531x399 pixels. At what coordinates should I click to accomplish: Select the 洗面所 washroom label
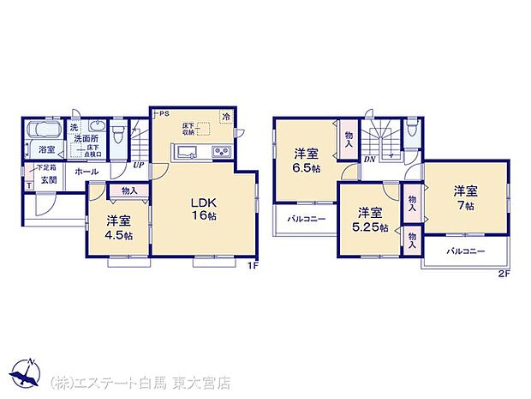pyautogui.click(x=85, y=138)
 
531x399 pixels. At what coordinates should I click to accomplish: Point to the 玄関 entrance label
pyautogui.click(x=47, y=180)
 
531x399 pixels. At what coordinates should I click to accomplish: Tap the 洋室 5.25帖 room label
pyautogui.click(x=369, y=220)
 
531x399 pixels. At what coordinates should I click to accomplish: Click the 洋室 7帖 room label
pyautogui.click(x=465, y=197)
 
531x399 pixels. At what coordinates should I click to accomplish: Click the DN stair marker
pyautogui.click(x=369, y=159)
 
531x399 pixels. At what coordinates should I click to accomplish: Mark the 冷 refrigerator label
pyautogui.click(x=226, y=116)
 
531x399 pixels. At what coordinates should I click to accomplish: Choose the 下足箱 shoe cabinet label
pyautogui.click(x=46, y=166)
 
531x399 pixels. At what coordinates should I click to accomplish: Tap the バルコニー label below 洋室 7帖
pyautogui.click(x=465, y=251)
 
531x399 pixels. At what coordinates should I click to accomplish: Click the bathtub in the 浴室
pyautogui.click(x=41, y=131)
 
